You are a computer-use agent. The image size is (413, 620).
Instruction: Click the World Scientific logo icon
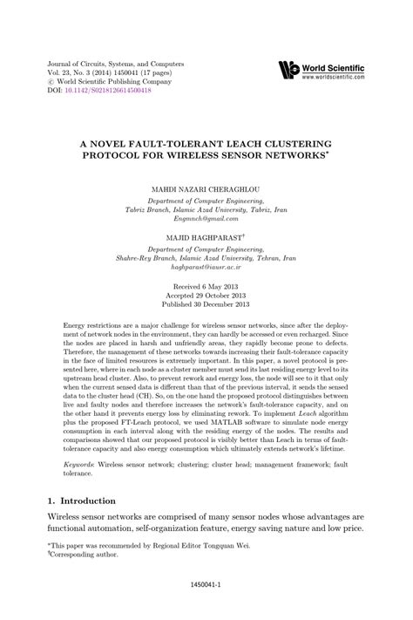(x=288, y=71)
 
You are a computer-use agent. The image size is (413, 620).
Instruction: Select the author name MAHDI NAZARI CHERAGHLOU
(x=206, y=187)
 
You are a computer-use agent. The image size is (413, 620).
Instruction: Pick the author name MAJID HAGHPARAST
(x=203, y=237)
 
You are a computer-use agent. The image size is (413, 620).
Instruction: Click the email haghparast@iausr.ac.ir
(x=206, y=270)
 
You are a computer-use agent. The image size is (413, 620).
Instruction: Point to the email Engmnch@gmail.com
(x=206, y=221)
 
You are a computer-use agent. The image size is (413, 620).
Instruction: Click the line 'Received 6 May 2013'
(x=206, y=286)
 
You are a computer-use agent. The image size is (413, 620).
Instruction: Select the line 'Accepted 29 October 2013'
(x=206, y=296)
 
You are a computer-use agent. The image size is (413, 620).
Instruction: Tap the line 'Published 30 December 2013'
(x=206, y=305)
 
